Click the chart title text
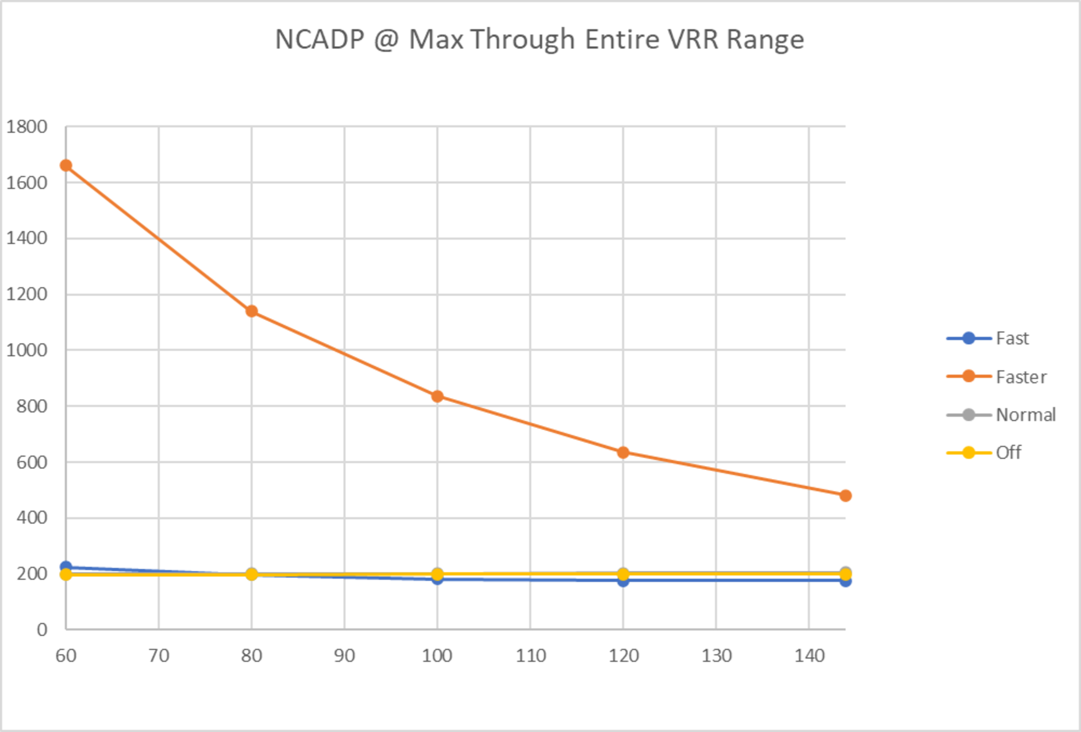coord(540,39)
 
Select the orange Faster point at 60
coord(66,165)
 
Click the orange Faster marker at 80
coord(252,311)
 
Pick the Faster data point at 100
coord(437,396)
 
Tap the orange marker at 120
coord(623,453)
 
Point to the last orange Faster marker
coord(846,496)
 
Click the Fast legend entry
coord(1012,338)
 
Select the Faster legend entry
coord(1021,377)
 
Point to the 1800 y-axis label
coord(26,127)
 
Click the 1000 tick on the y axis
coord(26,350)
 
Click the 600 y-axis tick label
coord(32,462)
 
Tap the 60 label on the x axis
coord(66,656)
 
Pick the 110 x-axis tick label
coord(530,656)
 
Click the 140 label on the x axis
coord(809,656)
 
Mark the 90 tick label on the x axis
coord(344,656)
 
